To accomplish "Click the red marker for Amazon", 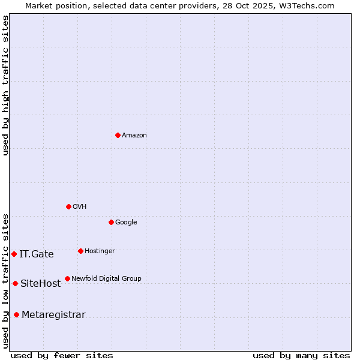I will pos(118,135).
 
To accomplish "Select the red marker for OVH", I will pos(68,206).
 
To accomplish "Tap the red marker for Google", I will pos(111,222).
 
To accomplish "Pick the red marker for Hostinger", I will pos(80,251).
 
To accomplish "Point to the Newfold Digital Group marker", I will pos(67,278).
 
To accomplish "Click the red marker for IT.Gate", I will pos(14,254).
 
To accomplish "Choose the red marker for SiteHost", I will pos(15,283).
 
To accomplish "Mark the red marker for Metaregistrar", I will pos(16,314).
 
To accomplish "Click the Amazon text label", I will pos(134,136).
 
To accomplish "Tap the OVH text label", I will pos(80,207).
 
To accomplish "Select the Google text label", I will pos(126,223).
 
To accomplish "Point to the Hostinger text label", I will pos(100,251).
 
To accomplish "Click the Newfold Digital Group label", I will pos(106,279).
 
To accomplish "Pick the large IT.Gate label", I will pos(37,254).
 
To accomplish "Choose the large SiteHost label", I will pos(41,284).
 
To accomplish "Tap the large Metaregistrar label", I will pos(53,315).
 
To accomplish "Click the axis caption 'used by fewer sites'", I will pos(62,355).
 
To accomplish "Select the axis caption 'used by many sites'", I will pos(301,355).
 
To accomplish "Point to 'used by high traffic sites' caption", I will pos(5,85).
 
